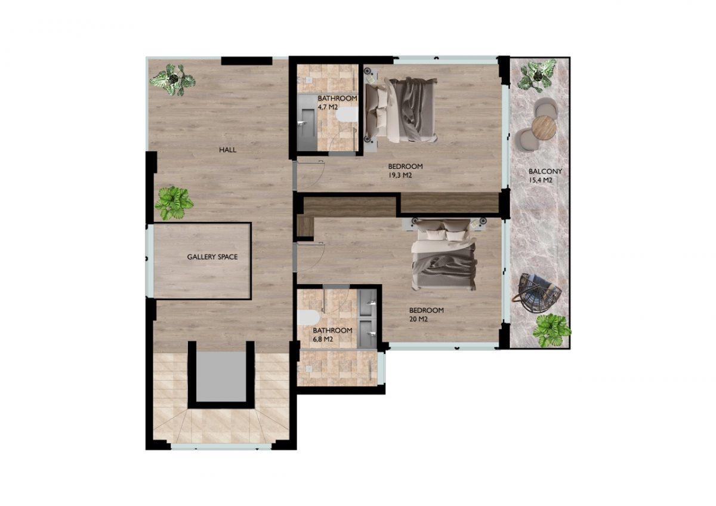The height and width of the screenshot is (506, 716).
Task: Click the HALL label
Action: [x=227, y=150]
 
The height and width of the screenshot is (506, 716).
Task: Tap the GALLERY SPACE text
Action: [x=212, y=257]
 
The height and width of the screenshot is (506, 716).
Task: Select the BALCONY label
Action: [x=545, y=171]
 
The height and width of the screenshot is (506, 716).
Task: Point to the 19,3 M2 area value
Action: [x=400, y=175]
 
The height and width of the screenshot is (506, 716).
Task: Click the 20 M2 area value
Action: [x=418, y=319]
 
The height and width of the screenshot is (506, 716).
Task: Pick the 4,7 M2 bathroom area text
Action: [x=328, y=107]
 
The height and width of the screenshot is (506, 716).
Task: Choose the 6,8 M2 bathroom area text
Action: [x=323, y=339]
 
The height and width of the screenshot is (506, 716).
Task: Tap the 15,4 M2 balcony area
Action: [x=541, y=180]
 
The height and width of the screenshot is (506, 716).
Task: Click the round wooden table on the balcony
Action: [x=544, y=128]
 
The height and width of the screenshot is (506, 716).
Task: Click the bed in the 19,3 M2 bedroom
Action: [x=401, y=110]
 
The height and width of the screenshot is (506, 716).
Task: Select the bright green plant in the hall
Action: [x=174, y=203]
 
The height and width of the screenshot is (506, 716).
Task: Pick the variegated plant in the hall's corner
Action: [x=173, y=79]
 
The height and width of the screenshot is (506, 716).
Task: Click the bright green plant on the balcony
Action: [x=551, y=330]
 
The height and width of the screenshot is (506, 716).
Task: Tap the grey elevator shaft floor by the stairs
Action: [x=221, y=377]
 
